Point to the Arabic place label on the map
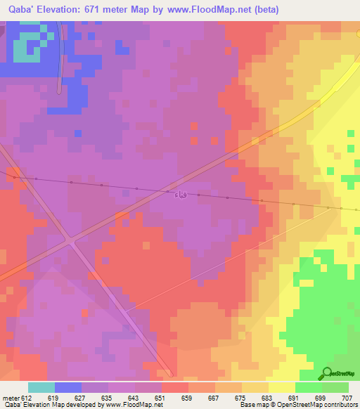181,194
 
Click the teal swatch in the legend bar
41,387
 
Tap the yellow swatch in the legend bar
281,387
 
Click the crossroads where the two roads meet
71,242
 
